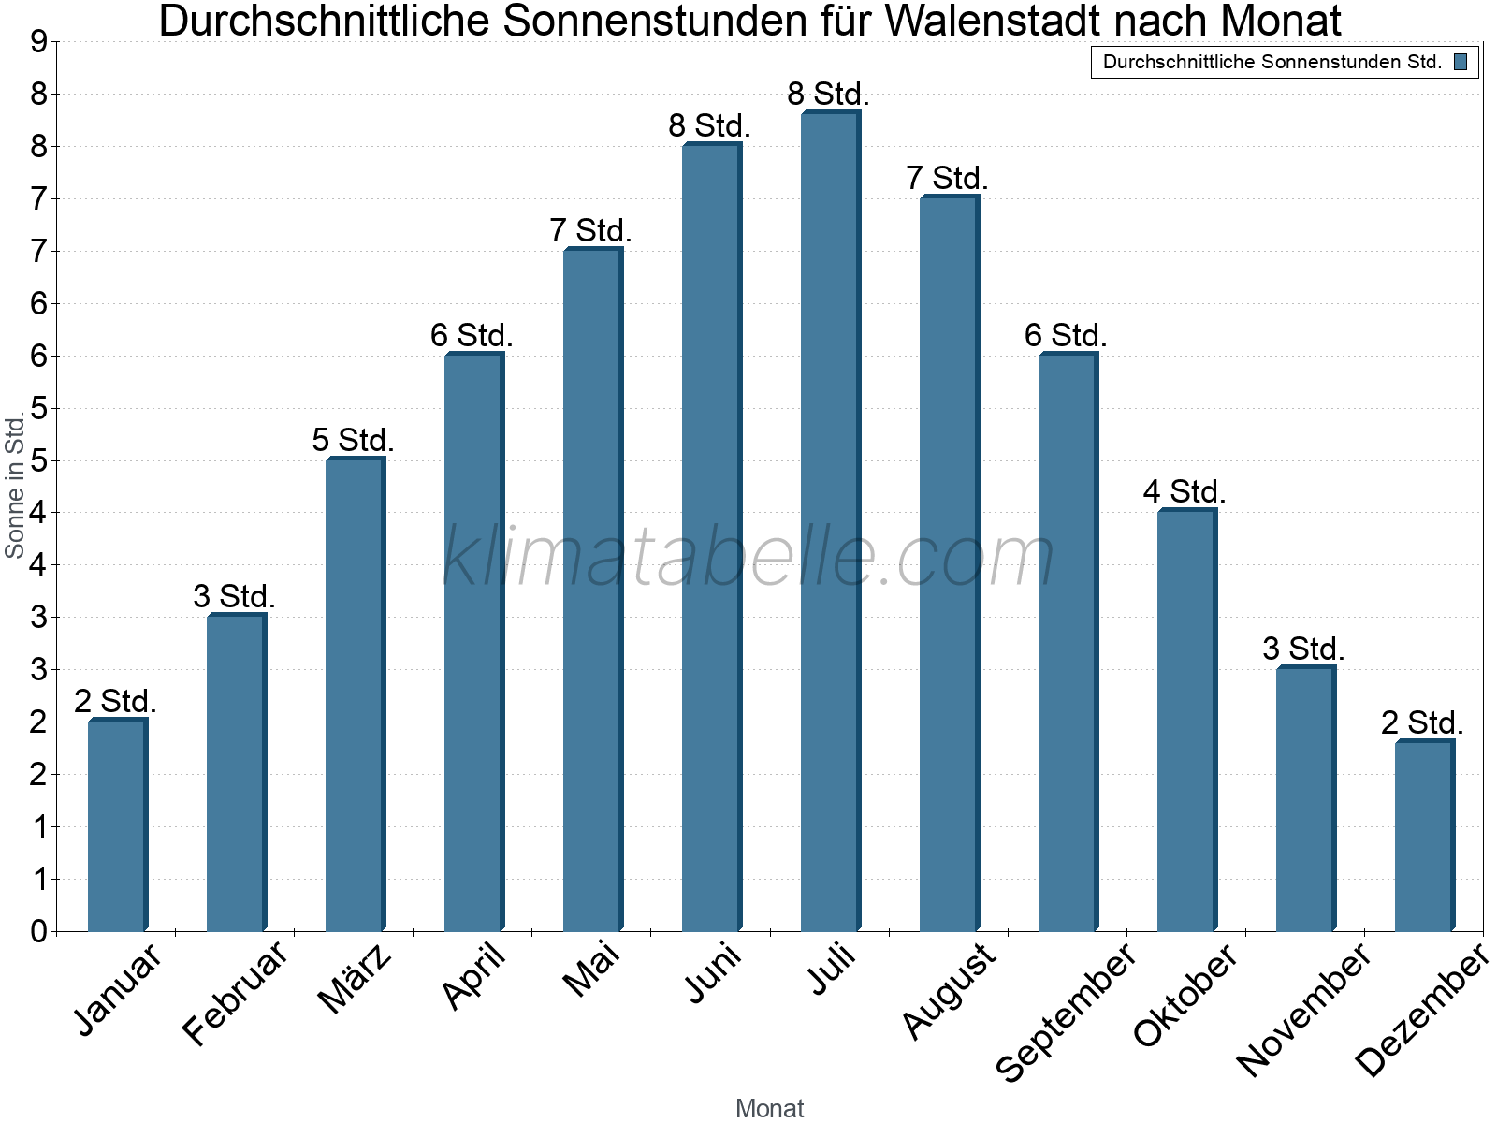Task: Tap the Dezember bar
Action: (x=1423, y=837)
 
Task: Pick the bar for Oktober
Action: (x=1185, y=721)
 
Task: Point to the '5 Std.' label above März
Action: (x=353, y=440)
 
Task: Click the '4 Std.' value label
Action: (x=1184, y=491)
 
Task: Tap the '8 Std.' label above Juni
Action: (x=709, y=125)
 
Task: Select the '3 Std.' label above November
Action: (x=1303, y=649)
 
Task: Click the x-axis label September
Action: (x=1066, y=1011)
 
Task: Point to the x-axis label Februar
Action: (x=235, y=993)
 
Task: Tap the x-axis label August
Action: (x=949, y=989)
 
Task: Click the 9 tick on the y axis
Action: (x=38, y=42)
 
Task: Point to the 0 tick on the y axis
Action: (x=38, y=931)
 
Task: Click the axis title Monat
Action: (x=769, y=1108)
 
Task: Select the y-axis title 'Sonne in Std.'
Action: (x=15, y=487)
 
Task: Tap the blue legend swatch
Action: (x=1461, y=63)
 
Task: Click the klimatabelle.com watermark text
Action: (x=748, y=558)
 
